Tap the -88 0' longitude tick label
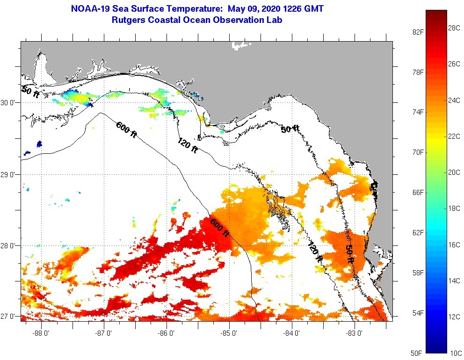coord(41,333)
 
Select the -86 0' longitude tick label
coord(167,333)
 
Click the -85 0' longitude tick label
coord(229,333)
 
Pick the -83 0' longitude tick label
coord(355,333)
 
